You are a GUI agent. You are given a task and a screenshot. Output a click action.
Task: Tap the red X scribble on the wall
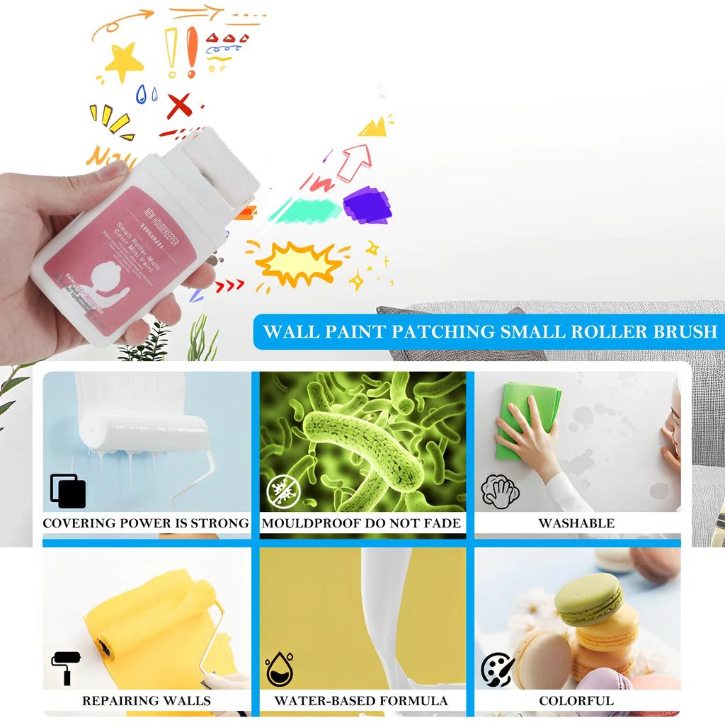(x=179, y=105)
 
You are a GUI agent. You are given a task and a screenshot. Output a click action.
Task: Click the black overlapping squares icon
(x=68, y=491)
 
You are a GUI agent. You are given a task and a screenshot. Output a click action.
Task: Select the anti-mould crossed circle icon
(x=283, y=489)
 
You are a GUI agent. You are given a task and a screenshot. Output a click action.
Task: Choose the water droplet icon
(x=280, y=670)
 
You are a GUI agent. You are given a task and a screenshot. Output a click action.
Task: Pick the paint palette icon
(x=498, y=669)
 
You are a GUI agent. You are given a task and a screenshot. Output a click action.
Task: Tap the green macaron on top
(x=588, y=598)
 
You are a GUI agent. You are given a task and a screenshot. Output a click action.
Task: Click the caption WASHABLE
(x=576, y=523)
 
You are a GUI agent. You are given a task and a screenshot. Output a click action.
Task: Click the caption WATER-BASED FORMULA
(x=361, y=701)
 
